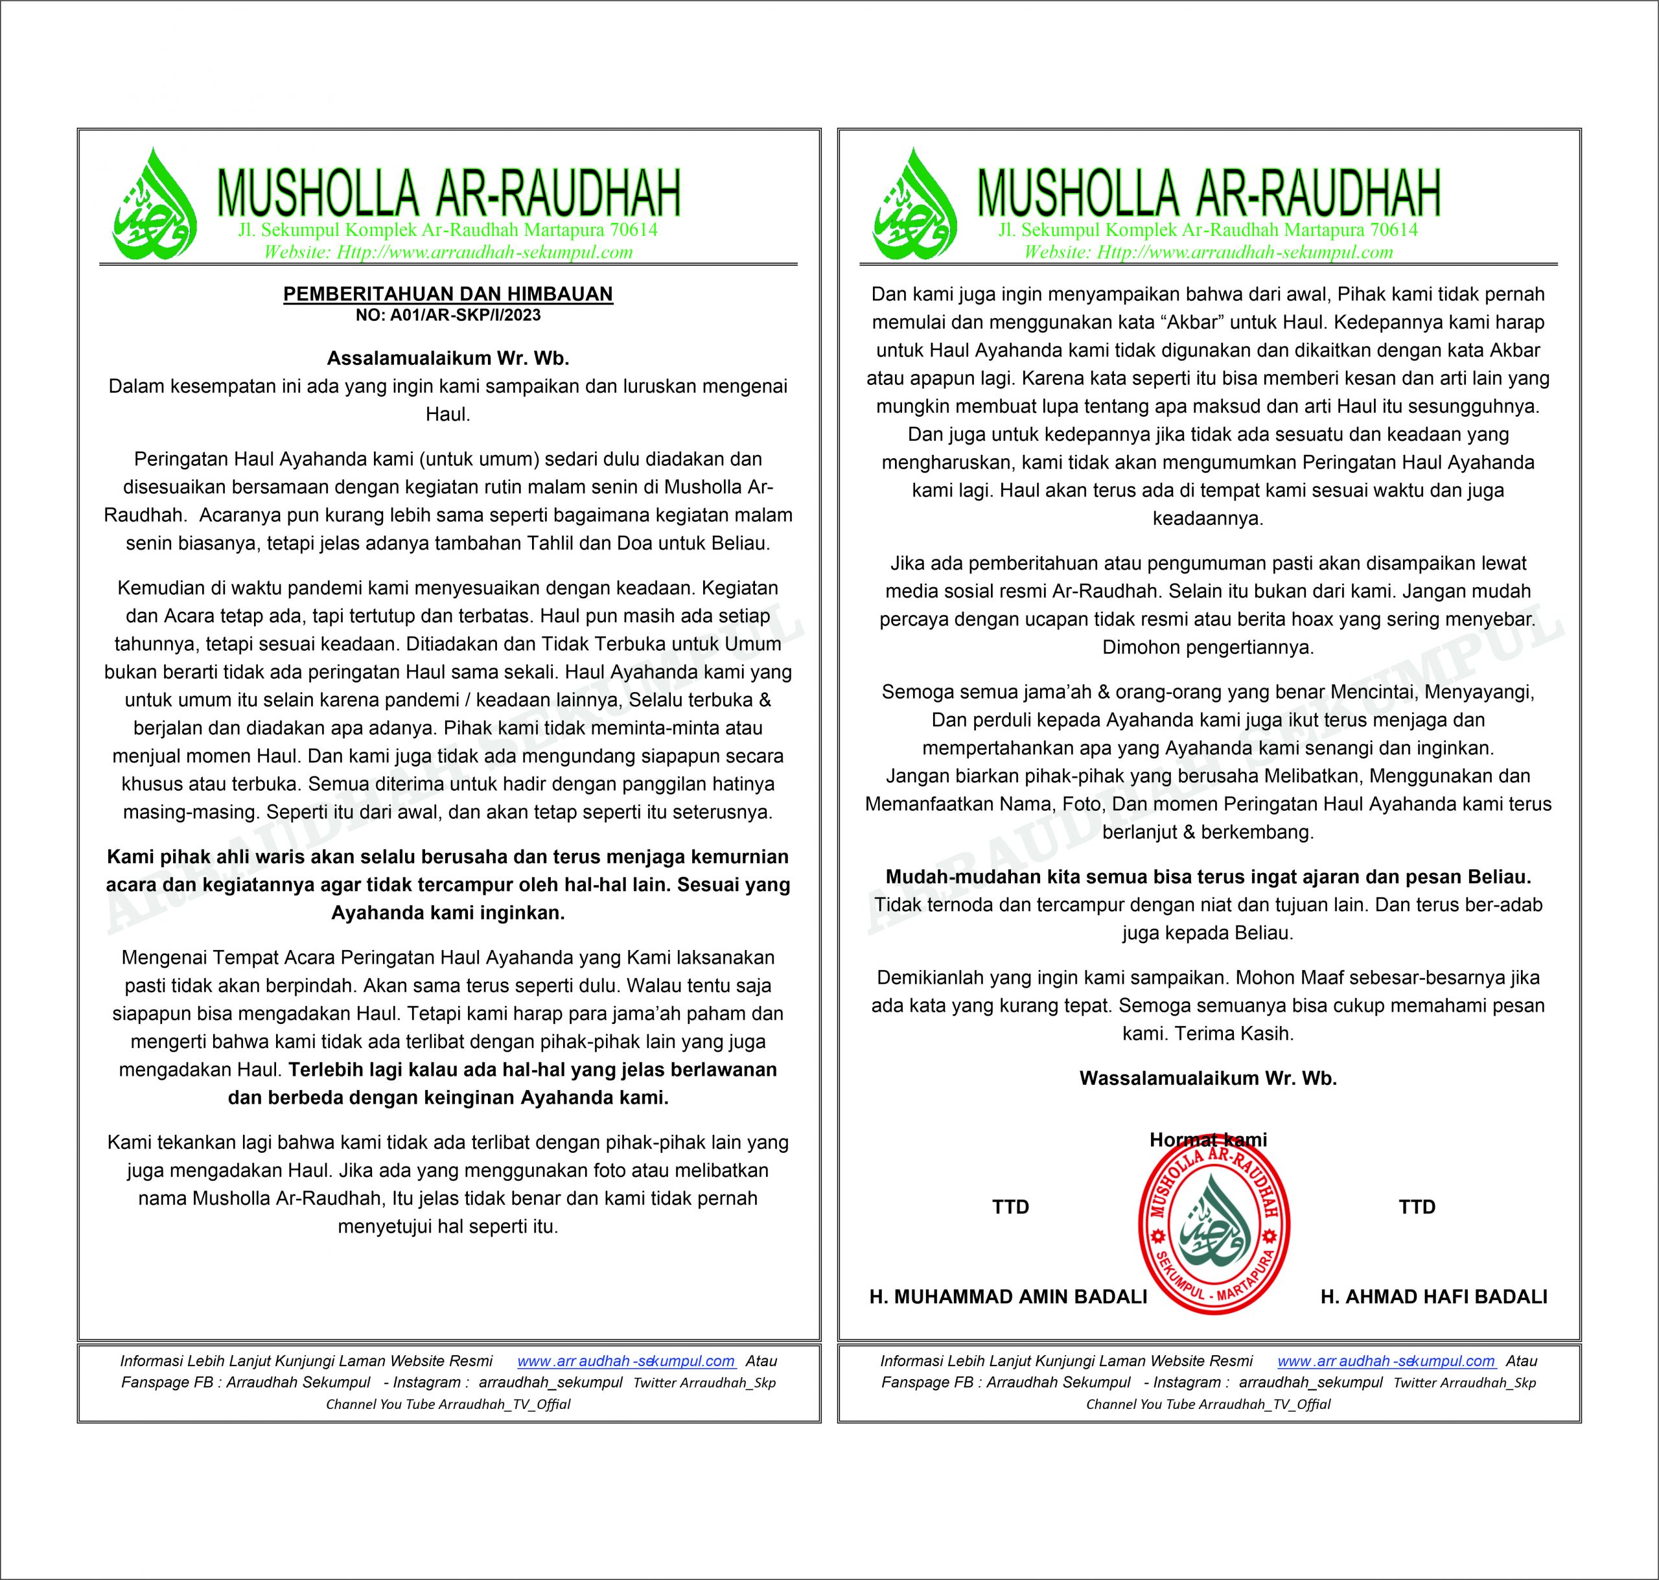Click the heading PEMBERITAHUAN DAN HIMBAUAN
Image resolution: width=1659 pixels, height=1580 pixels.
pos(448,294)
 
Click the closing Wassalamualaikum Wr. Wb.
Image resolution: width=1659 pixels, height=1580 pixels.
pos(1207,1078)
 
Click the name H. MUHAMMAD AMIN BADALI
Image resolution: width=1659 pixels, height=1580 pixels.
pos(1008,1297)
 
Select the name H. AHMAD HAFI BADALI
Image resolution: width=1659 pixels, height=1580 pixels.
pos(1433,1297)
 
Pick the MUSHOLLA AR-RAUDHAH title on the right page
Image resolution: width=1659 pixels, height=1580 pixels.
pos(1209,194)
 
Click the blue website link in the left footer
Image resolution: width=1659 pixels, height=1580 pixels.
pos(626,1361)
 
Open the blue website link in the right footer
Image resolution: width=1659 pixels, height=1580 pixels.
pos(1386,1361)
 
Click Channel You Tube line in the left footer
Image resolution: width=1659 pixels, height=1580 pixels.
pos(448,1404)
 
